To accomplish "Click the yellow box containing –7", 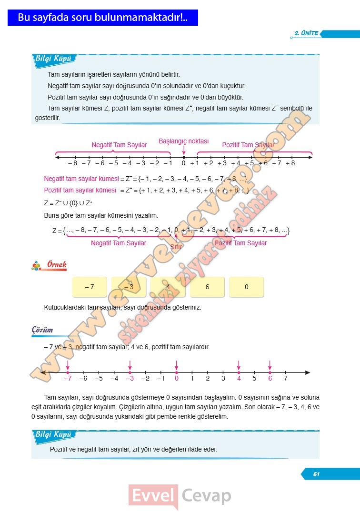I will point(90,287).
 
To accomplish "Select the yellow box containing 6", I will point(207,287).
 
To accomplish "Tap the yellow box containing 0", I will point(246,287).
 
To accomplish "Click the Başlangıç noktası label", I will point(184,141).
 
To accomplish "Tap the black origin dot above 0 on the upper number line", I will point(184,157).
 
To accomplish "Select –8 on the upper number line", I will point(72,163).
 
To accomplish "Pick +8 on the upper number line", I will point(290,163).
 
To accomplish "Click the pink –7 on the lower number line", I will point(68,379).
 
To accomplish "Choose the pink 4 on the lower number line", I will point(239,379).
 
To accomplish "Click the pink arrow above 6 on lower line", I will point(270,365).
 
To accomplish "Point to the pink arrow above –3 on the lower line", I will point(130,365).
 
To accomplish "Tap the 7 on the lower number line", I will point(285,379).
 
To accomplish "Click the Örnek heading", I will point(56,265).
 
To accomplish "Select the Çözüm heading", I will point(42,330).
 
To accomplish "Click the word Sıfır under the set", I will point(177,247).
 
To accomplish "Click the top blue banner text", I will point(103,18).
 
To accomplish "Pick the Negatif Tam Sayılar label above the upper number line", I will point(119,145).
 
